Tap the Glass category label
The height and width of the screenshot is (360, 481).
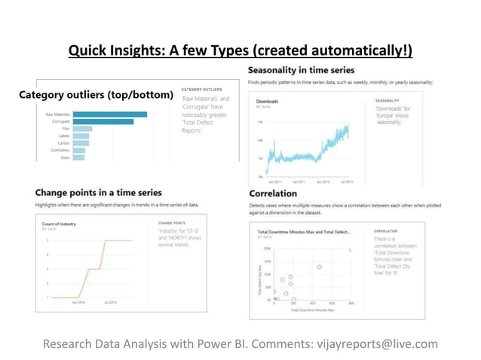(x=65, y=157)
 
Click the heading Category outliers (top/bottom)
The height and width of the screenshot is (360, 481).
(x=96, y=95)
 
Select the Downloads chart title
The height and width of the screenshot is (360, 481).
(x=269, y=101)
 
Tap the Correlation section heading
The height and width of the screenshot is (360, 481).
(x=272, y=194)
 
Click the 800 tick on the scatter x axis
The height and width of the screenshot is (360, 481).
(x=351, y=304)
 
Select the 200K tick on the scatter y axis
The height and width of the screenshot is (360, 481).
(x=267, y=249)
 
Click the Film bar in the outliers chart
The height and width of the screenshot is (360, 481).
(x=82, y=129)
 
